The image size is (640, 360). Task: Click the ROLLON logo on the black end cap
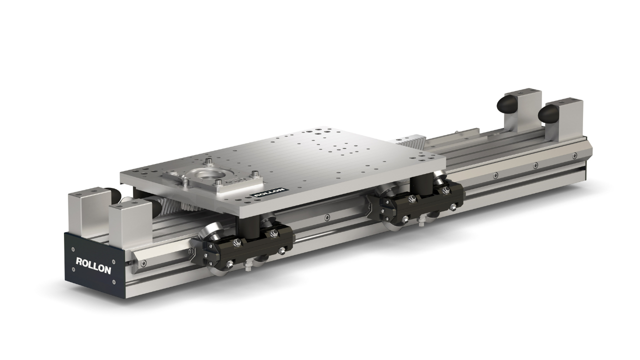pyautogui.click(x=93, y=265)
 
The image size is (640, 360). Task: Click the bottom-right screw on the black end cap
pyautogui.click(x=114, y=282)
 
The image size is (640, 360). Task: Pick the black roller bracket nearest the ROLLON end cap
pyautogui.click(x=244, y=247)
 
